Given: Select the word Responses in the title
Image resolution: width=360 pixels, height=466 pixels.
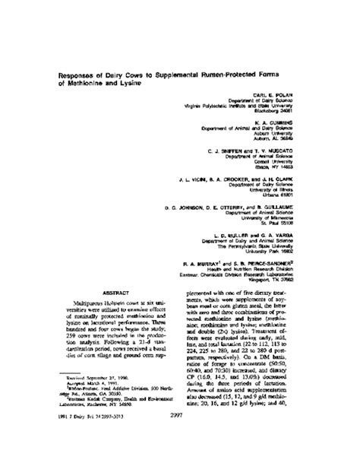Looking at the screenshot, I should click(76, 75).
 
